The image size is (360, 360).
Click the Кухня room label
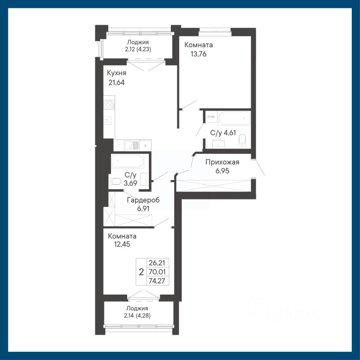[x=117, y=73]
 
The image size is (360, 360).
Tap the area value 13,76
[x=199, y=54]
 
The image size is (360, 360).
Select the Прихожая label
[x=222, y=162]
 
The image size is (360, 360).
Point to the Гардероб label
[x=143, y=200]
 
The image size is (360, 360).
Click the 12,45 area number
[x=122, y=244]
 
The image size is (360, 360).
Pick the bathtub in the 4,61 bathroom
[x=234, y=118]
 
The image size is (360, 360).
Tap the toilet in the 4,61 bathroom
[x=242, y=140]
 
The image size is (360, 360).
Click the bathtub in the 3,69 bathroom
[x=127, y=161]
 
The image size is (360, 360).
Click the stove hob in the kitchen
[x=109, y=105]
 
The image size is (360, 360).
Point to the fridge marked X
[x=145, y=145]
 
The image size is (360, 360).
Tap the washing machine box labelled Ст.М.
[x=211, y=117]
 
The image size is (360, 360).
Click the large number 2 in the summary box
[x=141, y=272]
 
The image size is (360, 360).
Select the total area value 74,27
[x=157, y=281]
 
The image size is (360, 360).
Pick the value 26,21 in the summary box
[x=157, y=262]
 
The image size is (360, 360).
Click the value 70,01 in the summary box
[x=157, y=272]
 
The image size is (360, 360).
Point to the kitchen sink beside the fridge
[x=132, y=145]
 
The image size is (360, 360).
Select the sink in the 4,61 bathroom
[x=219, y=144]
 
